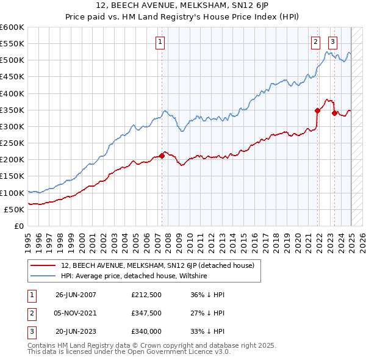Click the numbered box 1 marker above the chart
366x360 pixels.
[x=160, y=42]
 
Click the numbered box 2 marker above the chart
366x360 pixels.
[x=315, y=42]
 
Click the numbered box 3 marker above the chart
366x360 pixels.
[x=333, y=42]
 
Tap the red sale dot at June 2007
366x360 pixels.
[x=162, y=156]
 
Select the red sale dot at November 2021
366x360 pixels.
[x=318, y=110]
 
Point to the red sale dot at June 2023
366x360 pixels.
[x=334, y=113]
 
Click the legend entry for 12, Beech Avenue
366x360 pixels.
[x=161, y=265]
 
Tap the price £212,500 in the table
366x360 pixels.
[x=146, y=295]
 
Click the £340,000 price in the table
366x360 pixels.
[x=146, y=331]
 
